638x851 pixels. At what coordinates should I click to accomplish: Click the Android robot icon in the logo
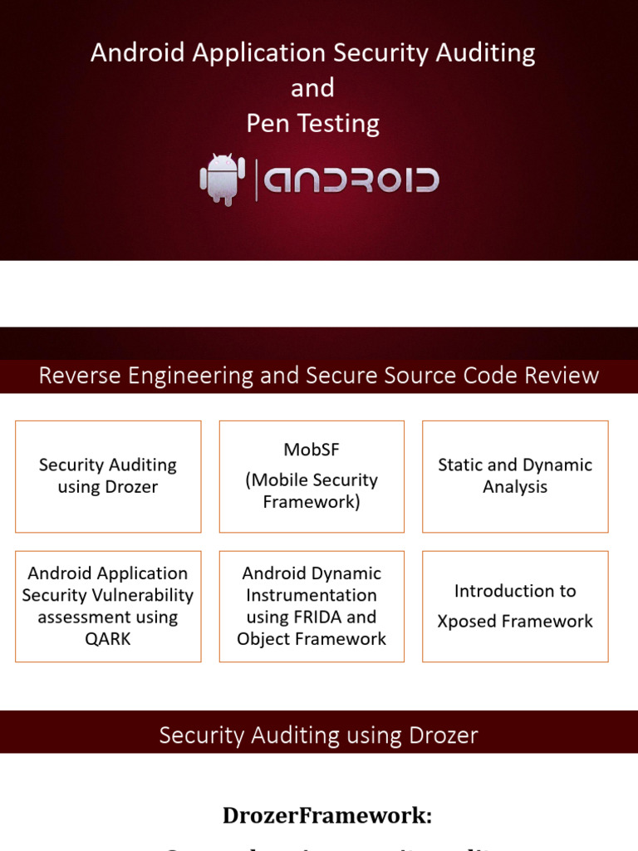pyautogui.click(x=223, y=179)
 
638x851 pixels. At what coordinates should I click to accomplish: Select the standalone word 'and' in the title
pyautogui.click(x=312, y=88)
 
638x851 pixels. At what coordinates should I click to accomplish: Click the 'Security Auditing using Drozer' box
pyautogui.click(x=108, y=476)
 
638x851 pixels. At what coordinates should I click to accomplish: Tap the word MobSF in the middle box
pyautogui.click(x=312, y=450)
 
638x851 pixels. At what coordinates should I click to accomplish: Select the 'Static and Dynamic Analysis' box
pyautogui.click(x=515, y=476)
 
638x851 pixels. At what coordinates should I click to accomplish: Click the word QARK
pyautogui.click(x=108, y=639)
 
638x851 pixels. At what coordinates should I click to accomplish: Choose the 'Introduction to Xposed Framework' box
pyautogui.click(x=515, y=606)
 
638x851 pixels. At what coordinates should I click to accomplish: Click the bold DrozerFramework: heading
pyautogui.click(x=326, y=815)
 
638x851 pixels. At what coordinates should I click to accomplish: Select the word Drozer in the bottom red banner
pyautogui.click(x=443, y=735)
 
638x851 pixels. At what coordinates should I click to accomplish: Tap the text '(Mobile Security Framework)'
pyautogui.click(x=312, y=491)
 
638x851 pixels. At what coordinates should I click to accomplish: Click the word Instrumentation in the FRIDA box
pyautogui.click(x=312, y=595)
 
